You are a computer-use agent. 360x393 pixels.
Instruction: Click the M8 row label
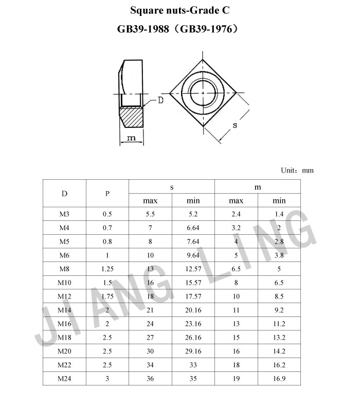(x=64, y=269)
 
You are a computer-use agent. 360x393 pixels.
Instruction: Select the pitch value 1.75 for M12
(x=107, y=296)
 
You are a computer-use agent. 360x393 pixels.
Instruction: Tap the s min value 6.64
(x=193, y=228)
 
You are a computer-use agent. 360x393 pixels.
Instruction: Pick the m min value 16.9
(x=279, y=379)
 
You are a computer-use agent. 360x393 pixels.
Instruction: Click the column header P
(x=107, y=194)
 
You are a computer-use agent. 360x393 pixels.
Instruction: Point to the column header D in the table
(x=64, y=194)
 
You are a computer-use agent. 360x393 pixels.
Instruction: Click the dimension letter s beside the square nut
(x=235, y=125)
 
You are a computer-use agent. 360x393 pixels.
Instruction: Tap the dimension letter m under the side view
(x=131, y=138)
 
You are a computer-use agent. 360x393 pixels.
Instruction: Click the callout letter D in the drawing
(x=160, y=100)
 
